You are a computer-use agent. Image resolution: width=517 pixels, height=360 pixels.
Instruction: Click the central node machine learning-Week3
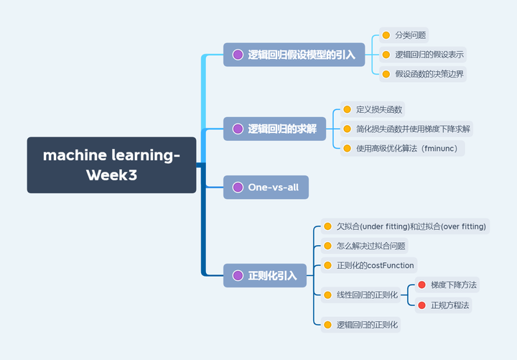[x=111, y=165]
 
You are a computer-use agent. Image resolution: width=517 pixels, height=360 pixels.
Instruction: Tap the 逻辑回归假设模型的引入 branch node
[x=294, y=55]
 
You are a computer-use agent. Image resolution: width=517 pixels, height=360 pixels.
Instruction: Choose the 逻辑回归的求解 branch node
[x=274, y=129]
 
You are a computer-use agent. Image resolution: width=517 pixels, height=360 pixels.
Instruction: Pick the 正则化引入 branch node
[x=264, y=275]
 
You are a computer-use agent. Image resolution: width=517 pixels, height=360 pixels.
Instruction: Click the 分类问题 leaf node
[x=411, y=34]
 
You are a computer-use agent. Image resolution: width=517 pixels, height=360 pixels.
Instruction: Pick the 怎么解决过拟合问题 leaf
[x=371, y=246]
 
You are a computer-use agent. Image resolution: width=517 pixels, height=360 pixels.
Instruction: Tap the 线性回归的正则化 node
[x=366, y=295]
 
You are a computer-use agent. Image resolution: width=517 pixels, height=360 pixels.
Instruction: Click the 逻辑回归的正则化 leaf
[x=366, y=325]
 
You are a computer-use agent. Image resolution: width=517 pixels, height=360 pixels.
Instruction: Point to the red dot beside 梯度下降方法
[x=421, y=285]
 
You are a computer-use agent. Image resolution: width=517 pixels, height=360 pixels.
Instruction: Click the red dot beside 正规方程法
[x=421, y=305]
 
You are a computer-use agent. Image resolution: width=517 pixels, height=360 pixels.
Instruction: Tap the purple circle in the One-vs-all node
[x=238, y=188]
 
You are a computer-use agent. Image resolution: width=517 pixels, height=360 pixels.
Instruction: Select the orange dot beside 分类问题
[x=386, y=34]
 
